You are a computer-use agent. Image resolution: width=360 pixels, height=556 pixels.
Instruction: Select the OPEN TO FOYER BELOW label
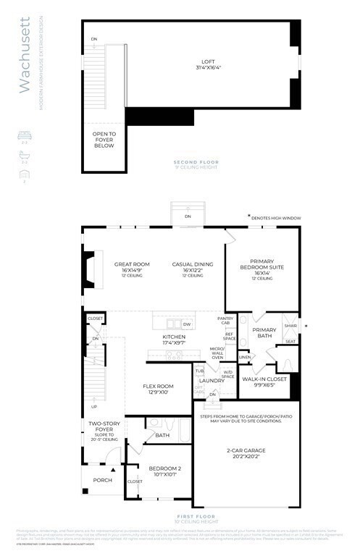click(104, 140)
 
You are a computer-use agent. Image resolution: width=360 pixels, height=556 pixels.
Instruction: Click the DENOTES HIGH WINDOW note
click(277, 218)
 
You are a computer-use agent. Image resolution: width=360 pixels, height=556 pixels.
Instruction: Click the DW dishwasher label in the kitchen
click(187, 324)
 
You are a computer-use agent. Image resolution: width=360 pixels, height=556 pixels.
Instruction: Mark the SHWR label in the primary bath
click(290, 326)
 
